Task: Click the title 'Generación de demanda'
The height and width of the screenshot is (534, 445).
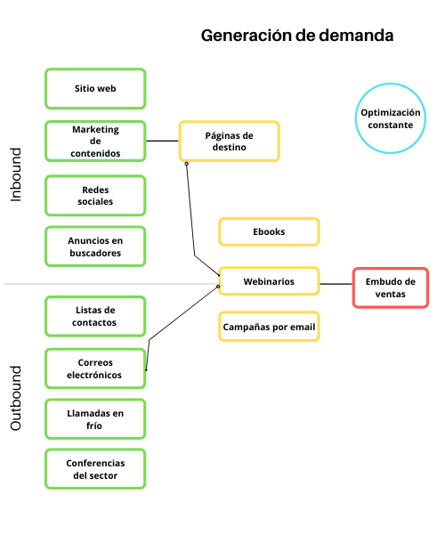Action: pyautogui.click(x=296, y=36)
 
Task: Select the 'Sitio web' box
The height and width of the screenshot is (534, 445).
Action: pyautogui.click(x=95, y=89)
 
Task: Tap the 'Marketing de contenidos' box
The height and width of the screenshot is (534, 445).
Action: pyautogui.click(x=95, y=141)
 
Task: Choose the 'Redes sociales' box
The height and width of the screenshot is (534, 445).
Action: pyautogui.click(x=95, y=196)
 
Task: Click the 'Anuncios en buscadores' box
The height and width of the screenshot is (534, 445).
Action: pyautogui.click(x=95, y=247)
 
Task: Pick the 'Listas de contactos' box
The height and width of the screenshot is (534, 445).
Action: pyautogui.click(x=95, y=316)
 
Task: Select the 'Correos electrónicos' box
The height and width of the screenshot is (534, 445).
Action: pyautogui.click(x=95, y=368)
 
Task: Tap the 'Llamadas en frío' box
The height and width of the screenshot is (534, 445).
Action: pyautogui.click(x=95, y=419)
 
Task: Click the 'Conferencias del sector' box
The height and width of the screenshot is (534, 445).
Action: pyautogui.click(x=95, y=469)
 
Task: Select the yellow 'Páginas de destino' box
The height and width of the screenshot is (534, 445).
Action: pyautogui.click(x=230, y=141)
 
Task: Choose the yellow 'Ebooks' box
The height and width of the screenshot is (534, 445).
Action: pyautogui.click(x=269, y=231)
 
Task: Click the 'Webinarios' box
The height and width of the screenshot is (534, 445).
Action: pyautogui.click(x=269, y=282)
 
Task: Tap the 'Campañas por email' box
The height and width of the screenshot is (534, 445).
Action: pyautogui.click(x=269, y=327)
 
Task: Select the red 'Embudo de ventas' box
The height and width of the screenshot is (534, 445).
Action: pyautogui.click(x=391, y=287)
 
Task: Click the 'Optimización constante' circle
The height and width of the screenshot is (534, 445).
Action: pyautogui.click(x=390, y=118)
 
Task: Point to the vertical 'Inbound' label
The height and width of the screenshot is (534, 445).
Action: pyautogui.click(x=16, y=174)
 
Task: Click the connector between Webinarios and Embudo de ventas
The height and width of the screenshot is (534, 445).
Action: pyautogui.click(x=336, y=284)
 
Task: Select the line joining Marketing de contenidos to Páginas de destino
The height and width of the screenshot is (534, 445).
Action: pyautogui.click(x=162, y=141)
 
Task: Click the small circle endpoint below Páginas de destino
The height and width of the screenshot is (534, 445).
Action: pyautogui.click(x=186, y=164)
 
